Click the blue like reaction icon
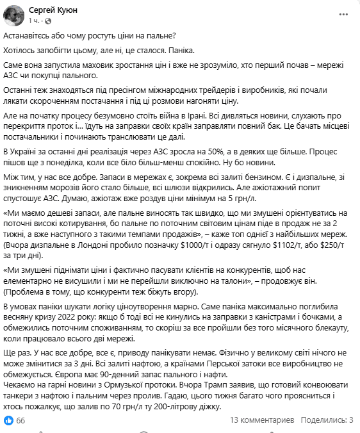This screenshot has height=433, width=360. tap(8, 420)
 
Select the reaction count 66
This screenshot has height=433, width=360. tap(20, 420)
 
